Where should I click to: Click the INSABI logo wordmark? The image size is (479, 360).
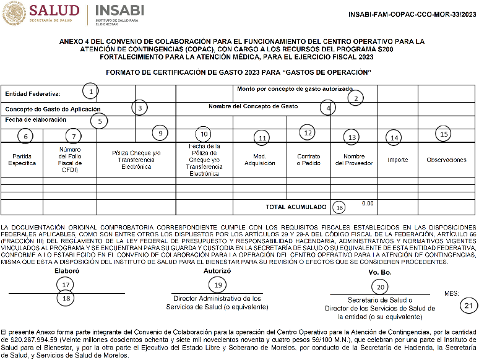coord(118,11)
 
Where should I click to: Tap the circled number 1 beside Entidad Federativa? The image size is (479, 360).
coord(91,92)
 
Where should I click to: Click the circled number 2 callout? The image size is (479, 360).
coord(355,97)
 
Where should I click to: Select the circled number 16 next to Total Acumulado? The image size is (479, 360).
coord(339,207)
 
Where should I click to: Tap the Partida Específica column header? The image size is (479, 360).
coord(22,160)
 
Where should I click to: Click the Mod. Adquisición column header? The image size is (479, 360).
coord(259,160)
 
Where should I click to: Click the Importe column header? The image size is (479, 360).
coord(397,160)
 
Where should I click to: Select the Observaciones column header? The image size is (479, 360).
coord(446,160)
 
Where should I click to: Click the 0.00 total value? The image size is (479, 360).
coord(368,204)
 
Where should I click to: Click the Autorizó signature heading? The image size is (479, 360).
coord(217,270)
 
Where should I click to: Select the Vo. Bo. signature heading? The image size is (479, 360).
coord(380,272)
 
